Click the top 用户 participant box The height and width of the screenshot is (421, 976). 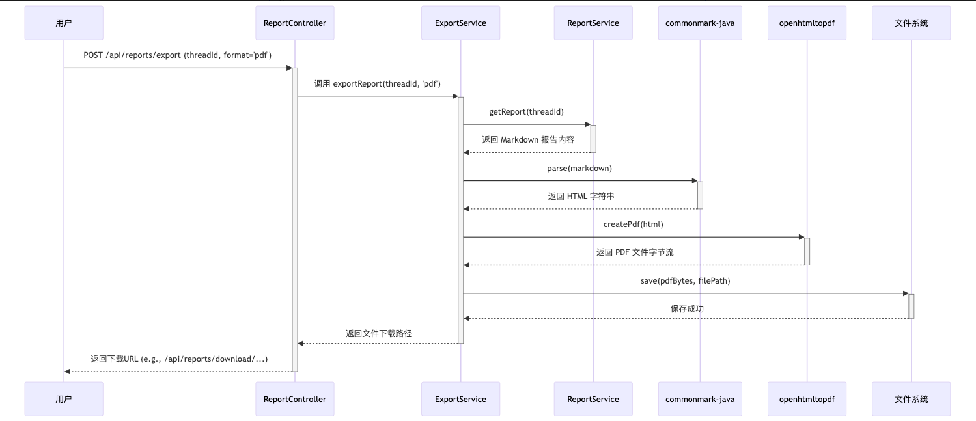64,23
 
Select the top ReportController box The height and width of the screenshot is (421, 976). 295,23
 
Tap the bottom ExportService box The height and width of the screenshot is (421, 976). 460,399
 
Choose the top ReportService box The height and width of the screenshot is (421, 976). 593,23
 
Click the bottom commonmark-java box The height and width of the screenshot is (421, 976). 700,399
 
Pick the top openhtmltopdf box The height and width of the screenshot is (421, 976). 807,23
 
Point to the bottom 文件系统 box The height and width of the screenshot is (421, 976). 912,399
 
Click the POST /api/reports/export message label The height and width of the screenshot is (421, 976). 178,55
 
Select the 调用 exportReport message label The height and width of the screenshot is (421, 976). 378,83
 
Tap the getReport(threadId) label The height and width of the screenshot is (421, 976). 527,112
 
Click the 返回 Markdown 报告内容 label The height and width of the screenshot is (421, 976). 528,140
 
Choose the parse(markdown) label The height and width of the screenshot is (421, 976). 579,168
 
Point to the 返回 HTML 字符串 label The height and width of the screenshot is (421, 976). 581,196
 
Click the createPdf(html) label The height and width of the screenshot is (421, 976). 634,224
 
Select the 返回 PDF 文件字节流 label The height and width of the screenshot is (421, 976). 635,252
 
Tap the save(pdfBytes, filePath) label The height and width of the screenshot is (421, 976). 686,280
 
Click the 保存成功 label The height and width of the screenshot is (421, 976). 687,308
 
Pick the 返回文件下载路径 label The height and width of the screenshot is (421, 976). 379,333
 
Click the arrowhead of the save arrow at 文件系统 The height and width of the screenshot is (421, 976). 905,293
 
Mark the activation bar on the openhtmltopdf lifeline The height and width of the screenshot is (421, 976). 807,251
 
